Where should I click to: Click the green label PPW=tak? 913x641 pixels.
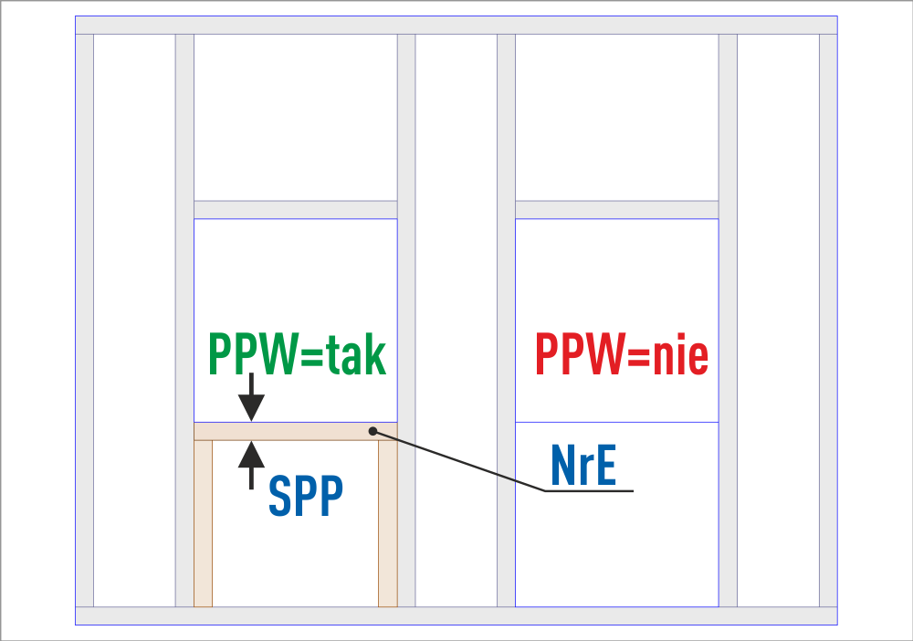(298, 356)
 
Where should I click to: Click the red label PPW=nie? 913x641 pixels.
(622, 356)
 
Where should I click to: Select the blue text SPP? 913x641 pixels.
(305, 497)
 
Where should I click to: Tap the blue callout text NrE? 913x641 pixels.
(583, 467)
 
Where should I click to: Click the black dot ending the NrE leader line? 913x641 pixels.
(373, 431)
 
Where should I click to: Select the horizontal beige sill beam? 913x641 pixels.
(292, 431)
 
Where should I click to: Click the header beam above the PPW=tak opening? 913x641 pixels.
(295, 209)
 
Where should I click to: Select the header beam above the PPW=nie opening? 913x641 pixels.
(616, 209)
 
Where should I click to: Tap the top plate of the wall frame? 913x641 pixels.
(456, 25)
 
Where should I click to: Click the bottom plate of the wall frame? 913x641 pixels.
(456, 615)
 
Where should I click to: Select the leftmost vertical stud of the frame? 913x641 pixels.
(84, 320)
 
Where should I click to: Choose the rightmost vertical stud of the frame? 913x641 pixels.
(828, 320)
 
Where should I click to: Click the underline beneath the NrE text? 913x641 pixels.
(589, 491)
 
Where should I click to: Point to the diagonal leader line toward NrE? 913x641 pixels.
(456, 460)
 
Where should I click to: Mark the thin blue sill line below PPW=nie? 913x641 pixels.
(616, 422)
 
